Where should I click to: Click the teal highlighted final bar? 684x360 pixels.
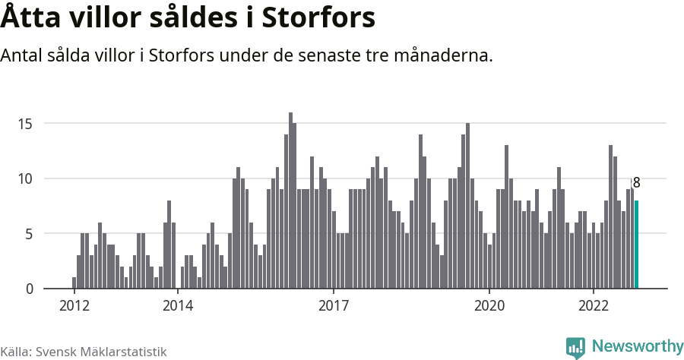tap(637, 245)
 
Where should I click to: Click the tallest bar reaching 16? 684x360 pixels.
tap(290, 201)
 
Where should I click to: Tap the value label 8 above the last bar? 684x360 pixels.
tap(636, 183)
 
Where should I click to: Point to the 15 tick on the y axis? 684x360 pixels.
tap(27, 124)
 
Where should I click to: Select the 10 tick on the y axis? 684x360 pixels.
tap(27, 179)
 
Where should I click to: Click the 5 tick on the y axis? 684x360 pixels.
tap(30, 234)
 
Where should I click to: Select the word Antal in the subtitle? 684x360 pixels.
tap(23, 56)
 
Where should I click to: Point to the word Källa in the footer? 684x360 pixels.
tap(15, 352)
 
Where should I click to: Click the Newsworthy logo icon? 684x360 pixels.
tap(576, 347)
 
